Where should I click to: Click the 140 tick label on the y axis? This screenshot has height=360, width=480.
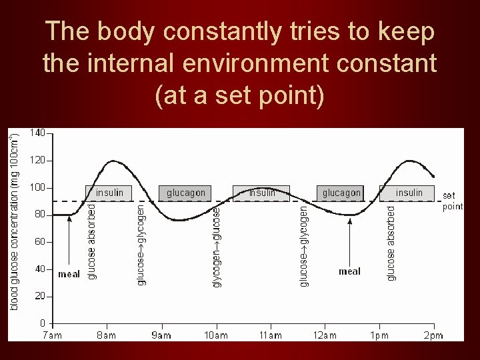[x=37, y=133]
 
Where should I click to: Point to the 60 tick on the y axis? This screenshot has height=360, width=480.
[x=39, y=242]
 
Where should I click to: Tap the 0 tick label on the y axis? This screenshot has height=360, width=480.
[x=42, y=323]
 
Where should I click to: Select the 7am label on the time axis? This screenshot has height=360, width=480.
[x=52, y=335]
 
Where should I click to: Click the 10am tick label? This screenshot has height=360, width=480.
[x=215, y=335]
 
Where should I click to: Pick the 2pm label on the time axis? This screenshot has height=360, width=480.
[x=433, y=335]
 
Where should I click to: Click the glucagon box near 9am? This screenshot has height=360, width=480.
[x=186, y=193]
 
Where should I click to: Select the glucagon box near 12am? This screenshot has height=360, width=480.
[x=341, y=193]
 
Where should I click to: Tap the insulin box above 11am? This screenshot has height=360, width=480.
[x=261, y=193]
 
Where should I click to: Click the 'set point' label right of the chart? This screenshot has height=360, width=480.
[x=452, y=201]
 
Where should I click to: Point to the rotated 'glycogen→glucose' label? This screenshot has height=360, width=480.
[x=217, y=247]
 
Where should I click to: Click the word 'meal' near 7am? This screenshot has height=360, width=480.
[x=69, y=274]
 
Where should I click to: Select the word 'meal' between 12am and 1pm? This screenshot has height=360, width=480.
[x=349, y=271]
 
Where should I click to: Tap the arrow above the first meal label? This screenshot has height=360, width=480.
[x=70, y=240]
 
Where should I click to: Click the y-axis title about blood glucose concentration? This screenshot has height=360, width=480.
[x=15, y=220]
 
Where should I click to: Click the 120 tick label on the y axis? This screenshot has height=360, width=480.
[x=37, y=161]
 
